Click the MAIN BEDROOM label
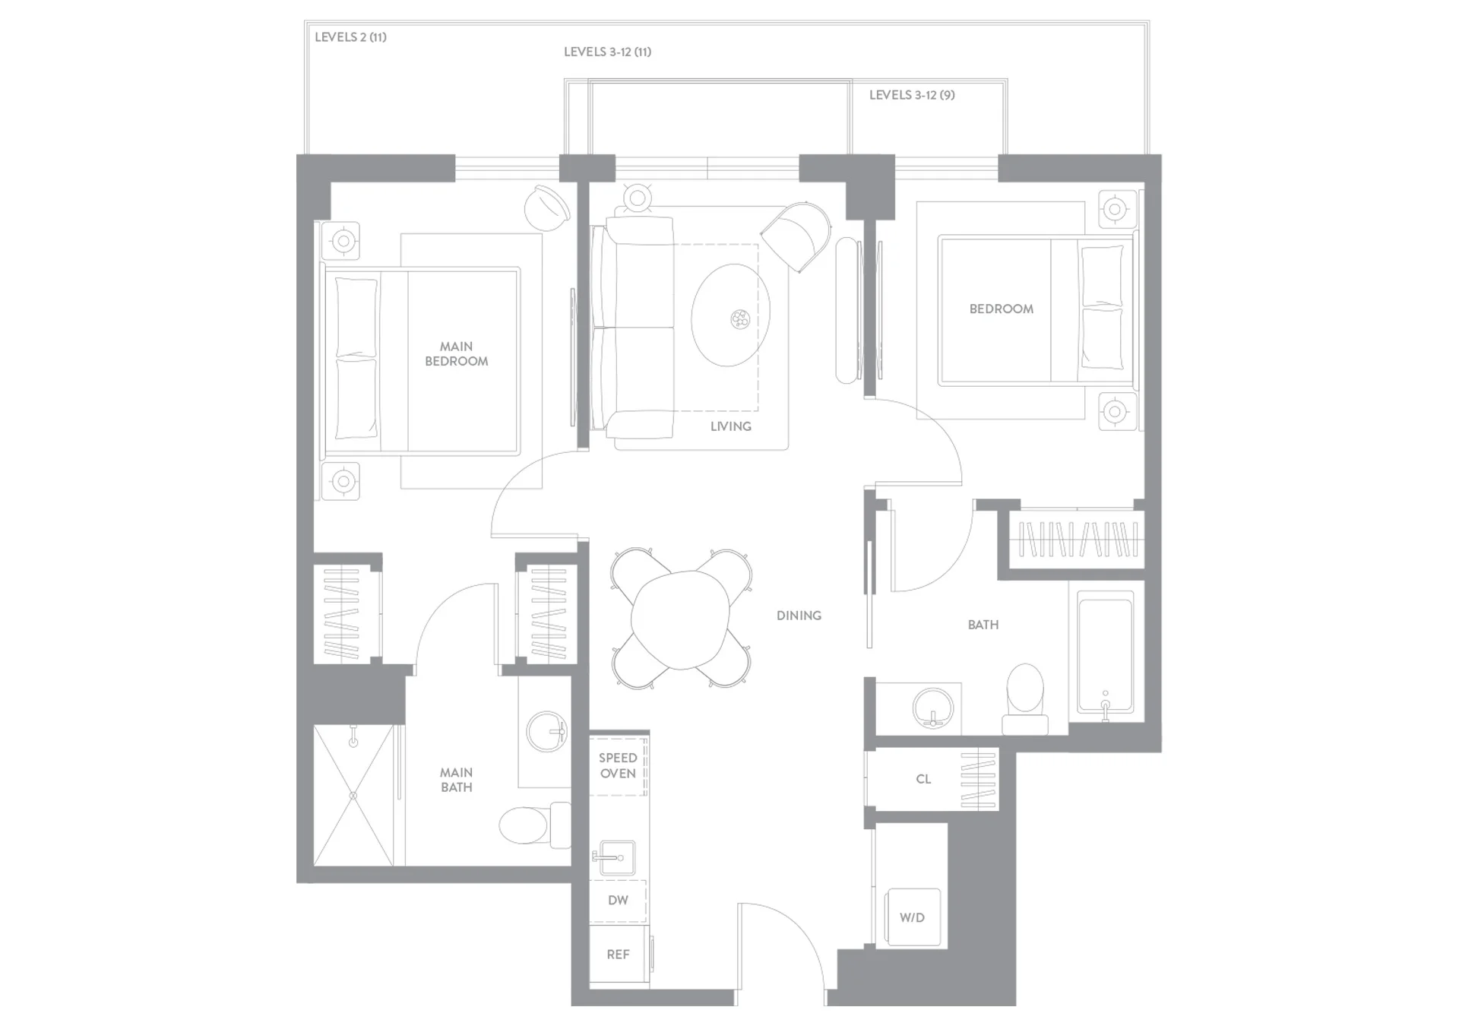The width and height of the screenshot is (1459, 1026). (456, 353)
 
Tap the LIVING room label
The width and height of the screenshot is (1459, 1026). (730, 426)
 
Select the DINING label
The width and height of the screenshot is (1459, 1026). (799, 616)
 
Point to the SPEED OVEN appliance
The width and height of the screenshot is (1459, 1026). (618, 765)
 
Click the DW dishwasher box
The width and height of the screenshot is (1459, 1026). (618, 901)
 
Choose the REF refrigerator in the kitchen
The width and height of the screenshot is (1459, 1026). (619, 955)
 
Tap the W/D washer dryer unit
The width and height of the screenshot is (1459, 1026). (913, 917)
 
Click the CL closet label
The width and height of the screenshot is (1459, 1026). (923, 779)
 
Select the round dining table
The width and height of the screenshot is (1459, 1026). (681, 620)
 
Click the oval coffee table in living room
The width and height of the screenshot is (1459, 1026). (730, 315)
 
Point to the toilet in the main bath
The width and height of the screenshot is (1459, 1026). (534, 825)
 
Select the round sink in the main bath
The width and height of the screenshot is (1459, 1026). (547, 731)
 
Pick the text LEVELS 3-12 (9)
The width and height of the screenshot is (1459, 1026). (912, 95)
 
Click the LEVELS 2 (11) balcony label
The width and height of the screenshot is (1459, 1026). (350, 37)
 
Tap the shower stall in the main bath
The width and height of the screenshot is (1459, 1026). (354, 795)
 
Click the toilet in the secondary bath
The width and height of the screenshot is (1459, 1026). (1025, 699)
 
